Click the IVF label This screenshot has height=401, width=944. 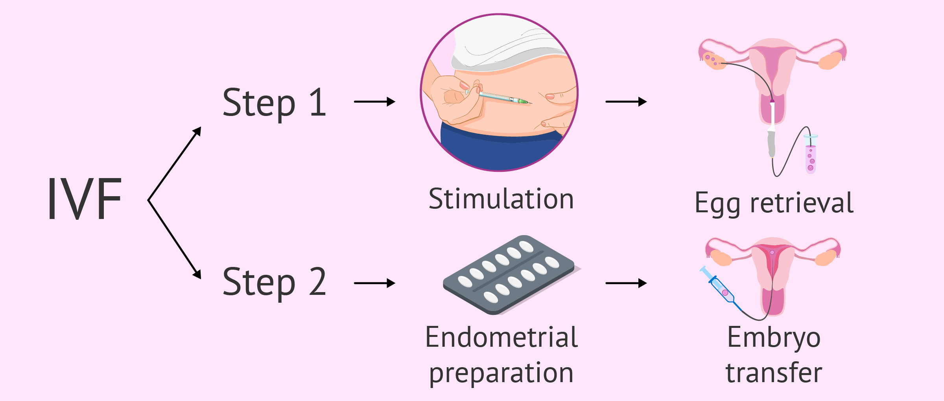tap(85, 199)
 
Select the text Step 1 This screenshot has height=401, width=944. tap(275, 103)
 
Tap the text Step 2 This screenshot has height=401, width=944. tap(275, 282)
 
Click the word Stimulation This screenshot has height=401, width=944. tap(501, 199)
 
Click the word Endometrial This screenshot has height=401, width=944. tap(501, 337)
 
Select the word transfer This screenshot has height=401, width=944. tap(774, 373)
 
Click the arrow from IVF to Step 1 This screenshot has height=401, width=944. tap(175, 164)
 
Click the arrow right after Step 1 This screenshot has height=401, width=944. tap(374, 102)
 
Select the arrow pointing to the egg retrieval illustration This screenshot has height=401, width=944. tap(626, 102)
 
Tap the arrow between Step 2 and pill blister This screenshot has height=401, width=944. tap(374, 283)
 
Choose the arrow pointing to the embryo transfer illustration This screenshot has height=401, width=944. tap(626, 283)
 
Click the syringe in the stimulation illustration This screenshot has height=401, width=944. tap(498, 97)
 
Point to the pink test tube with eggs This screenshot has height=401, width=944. tap(811, 154)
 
